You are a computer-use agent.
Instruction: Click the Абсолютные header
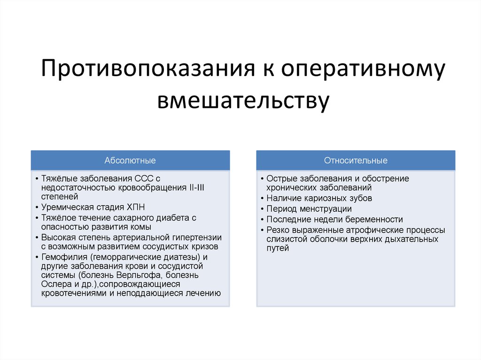pos(130,161)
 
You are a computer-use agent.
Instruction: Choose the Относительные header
pos(356,161)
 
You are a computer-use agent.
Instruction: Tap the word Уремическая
pos(65,207)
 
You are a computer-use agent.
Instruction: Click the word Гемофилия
pos(65,257)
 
